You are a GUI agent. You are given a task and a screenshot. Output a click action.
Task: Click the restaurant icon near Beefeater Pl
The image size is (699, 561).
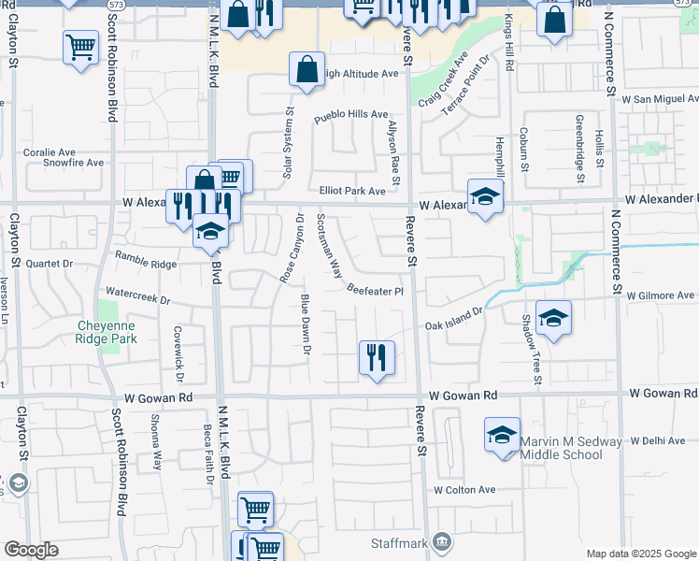coord(377,358)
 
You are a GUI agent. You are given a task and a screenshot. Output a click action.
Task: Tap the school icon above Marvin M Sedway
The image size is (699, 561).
coord(502,436)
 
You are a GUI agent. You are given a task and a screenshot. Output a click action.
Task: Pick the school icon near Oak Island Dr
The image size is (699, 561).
coord(553,318)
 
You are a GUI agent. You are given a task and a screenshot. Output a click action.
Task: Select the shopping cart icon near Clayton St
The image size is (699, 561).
coord(81,46)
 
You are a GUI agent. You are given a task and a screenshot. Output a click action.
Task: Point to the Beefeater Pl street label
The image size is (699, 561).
coord(375,291)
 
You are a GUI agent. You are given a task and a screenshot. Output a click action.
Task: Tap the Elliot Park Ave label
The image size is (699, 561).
coord(352,191)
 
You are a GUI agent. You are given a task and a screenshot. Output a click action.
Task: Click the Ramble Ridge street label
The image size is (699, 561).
coord(145,259)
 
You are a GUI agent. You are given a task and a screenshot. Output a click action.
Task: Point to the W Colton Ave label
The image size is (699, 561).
coord(464,489)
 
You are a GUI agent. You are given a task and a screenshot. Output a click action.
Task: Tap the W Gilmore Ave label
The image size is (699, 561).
coord(661,295)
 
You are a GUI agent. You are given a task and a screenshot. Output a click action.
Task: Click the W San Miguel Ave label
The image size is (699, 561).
coord(660,98)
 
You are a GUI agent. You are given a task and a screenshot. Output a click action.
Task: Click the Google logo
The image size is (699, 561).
coord(31,550)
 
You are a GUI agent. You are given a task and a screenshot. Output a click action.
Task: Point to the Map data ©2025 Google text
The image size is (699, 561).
coord(639,554)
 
